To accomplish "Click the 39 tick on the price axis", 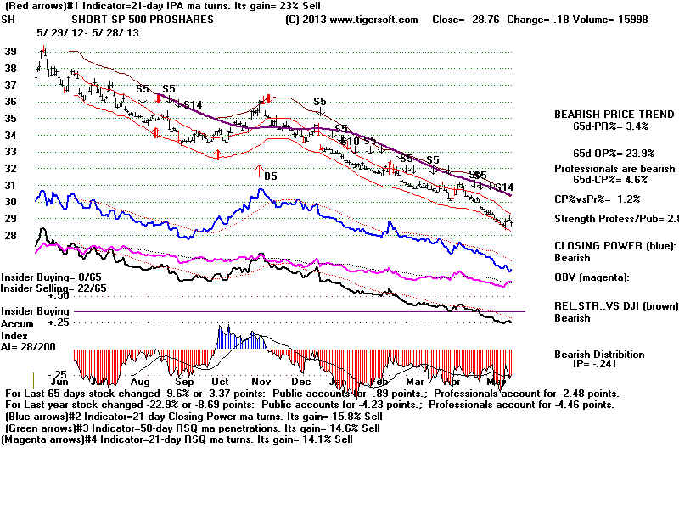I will tap(11, 52).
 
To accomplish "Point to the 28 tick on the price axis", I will tap(11, 235).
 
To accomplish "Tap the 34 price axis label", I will tap(11, 135).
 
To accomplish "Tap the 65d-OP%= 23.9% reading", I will tap(614, 153).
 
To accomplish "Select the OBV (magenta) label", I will tap(597, 277).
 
